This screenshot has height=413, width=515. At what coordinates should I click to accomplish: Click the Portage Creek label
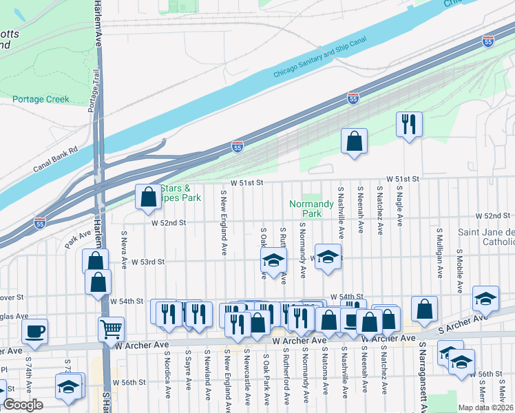[x=41, y=99]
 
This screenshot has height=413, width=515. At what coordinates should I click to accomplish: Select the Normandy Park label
[x=305, y=209]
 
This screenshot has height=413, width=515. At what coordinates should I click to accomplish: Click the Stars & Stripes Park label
[x=180, y=193]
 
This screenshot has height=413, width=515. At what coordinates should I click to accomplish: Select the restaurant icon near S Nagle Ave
[x=409, y=124]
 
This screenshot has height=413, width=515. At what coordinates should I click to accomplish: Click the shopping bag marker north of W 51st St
[x=354, y=142]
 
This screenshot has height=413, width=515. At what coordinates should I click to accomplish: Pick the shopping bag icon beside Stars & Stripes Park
[x=148, y=197]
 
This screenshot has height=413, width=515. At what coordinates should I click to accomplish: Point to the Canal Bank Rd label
[x=55, y=159]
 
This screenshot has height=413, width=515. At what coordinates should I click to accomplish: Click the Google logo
[x=23, y=405]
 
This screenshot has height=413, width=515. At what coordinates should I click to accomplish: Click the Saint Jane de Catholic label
[x=488, y=237]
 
